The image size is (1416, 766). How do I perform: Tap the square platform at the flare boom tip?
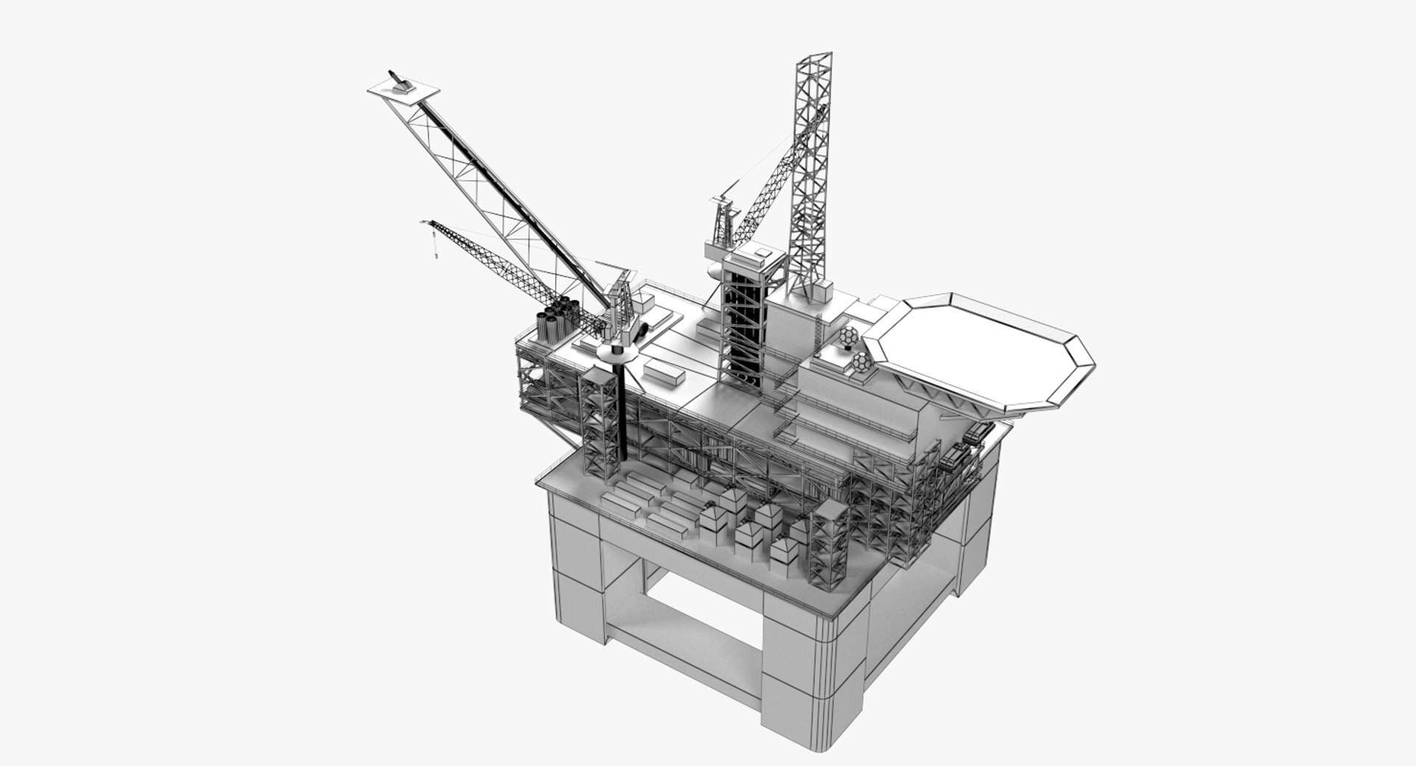[403, 92]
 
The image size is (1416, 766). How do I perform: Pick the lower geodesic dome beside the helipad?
[861, 364]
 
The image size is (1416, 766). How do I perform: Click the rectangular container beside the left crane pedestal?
[665, 374]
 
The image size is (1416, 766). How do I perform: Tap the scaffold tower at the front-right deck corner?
[830, 546]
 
